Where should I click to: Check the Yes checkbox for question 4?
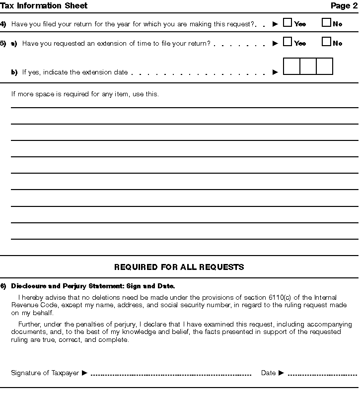click(x=287, y=23)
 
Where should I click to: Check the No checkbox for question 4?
click(x=326, y=23)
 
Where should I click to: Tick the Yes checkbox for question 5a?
click(x=287, y=42)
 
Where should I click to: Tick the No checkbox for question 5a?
click(x=326, y=42)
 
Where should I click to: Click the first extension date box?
click(x=291, y=66)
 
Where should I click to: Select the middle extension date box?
click(x=308, y=66)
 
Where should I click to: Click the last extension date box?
click(x=324, y=66)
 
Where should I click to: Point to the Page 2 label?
click(x=344, y=6)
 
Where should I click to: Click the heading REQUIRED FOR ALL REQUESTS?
click(x=179, y=267)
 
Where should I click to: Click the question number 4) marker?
click(x=3, y=24)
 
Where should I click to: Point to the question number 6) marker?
click(x=3, y=286)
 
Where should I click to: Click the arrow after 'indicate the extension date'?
click(x=276, y=72)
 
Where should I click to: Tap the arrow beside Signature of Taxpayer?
click(x=84, y=373)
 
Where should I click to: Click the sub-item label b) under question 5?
click(x=14, y=72)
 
